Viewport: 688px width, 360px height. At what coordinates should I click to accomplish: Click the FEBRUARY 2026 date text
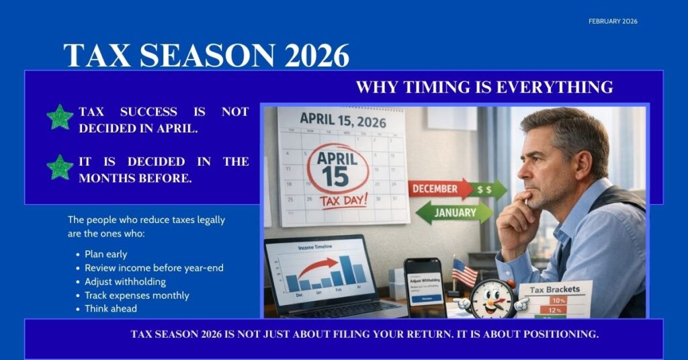(x=613, y=21)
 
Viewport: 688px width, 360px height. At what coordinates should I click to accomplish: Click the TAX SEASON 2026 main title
(x=206, y=55)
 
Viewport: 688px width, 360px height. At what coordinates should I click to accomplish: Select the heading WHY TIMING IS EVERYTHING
(x=484, y=87)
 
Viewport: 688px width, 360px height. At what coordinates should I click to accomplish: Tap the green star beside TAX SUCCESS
(x=60, y=118)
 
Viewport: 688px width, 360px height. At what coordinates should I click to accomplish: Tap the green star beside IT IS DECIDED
(x=60, y=167)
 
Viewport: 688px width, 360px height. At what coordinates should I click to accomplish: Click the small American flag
(x=464, y=272)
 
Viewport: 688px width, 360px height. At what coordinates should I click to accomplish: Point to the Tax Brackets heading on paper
(x=555, y=289)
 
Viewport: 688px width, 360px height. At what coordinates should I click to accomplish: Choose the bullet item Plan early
(x=105, y=254)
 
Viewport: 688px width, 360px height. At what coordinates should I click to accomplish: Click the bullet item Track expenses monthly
(x=136, y=295)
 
